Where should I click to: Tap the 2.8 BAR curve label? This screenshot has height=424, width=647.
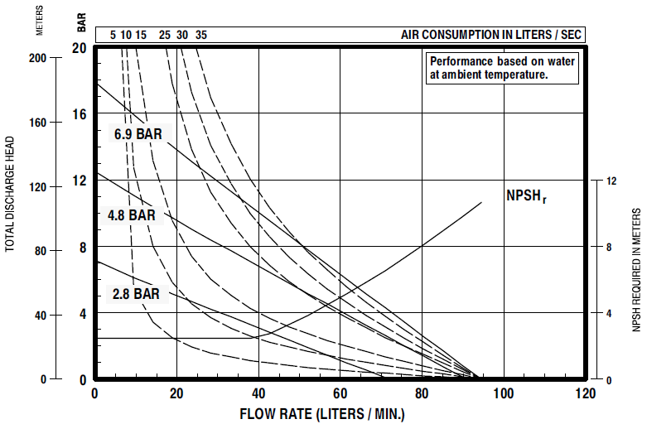(136, 293)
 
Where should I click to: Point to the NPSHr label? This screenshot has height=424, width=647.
(527, 196)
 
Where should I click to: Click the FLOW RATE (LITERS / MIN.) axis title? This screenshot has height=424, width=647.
(322, 412)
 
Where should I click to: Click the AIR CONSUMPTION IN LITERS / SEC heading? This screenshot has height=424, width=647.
(492, 34)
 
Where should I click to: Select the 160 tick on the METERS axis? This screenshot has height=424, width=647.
(48, 123)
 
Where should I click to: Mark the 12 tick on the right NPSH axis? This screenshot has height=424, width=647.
(611, 181)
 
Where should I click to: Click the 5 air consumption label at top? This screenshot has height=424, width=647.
(113, 35)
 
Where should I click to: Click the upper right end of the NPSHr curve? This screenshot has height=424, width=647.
(481, 202)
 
